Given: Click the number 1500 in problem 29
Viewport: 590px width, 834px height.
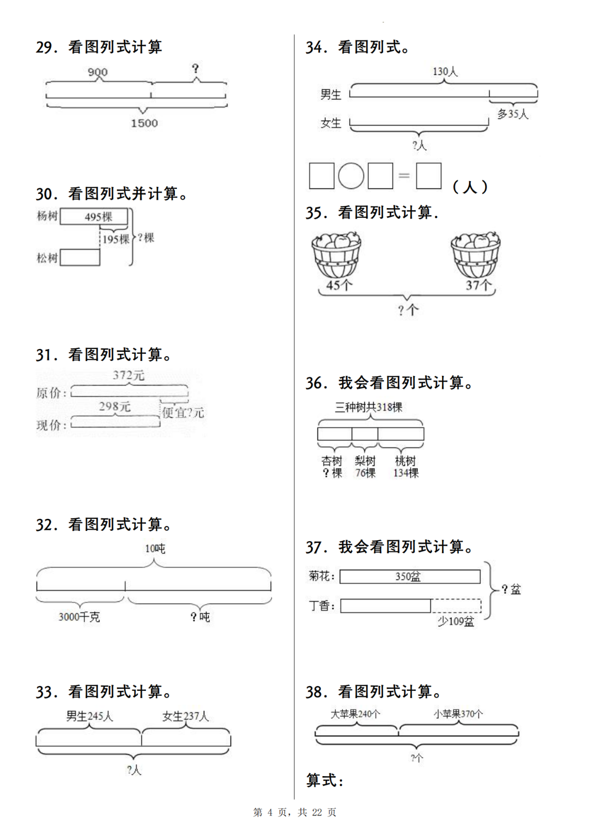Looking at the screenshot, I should click(144, 123).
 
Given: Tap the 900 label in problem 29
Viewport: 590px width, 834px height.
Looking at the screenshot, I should click(98, 72).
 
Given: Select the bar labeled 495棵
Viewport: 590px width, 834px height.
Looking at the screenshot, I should click(94, 217).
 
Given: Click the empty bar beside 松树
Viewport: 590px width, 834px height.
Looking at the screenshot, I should click(80, 257).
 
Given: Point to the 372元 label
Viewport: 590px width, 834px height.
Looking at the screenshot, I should click(128, 375).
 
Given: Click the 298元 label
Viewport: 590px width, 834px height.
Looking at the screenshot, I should click(115, 406).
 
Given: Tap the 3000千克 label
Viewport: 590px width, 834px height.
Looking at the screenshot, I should click(79, 617).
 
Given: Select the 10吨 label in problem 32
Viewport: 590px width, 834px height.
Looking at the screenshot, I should click(155, 548).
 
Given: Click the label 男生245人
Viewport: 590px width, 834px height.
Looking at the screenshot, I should click(90, 716).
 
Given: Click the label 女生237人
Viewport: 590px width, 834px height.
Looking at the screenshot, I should click(185, 716).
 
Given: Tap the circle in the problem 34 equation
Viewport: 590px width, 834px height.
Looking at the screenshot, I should click(351, 176).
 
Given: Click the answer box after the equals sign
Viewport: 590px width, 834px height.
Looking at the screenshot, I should click(429, 176).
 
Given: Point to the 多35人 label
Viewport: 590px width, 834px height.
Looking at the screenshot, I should click(512, 114).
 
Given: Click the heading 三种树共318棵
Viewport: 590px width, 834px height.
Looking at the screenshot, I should click(369, 407).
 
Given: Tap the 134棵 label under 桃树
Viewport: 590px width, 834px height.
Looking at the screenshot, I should click(406, 473).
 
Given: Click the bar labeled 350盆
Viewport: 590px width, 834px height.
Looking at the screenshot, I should click(410, 577).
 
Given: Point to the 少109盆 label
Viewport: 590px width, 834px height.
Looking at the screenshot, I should click(456, 621).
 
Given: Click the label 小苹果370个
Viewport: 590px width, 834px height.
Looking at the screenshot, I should click(458, 714).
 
